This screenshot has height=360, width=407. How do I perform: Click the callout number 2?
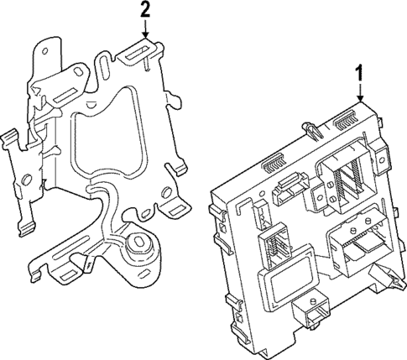146,10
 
